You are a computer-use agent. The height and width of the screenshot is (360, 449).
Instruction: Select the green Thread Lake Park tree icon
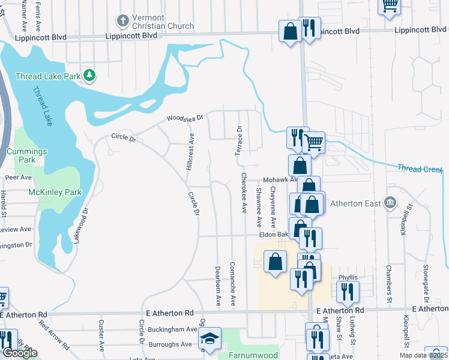pyautogui.click(x=89, y=75)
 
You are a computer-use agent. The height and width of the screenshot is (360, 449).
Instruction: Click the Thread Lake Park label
pyautogui.click(x=48, y=76)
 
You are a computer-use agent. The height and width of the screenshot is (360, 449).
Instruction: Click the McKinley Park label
pyautogui.click(x=55, y=193)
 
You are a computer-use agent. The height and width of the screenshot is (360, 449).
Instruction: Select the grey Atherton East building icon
pyautogui.click(x=391, y=202)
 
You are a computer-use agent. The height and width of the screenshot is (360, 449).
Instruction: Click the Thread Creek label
pyautogui.click(x=420, y=169)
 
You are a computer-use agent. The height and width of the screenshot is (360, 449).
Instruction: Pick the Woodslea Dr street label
pyautogui.click(x=185, y=119)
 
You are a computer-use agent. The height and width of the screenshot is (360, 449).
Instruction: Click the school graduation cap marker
pyautogui.click(x=211, y=338)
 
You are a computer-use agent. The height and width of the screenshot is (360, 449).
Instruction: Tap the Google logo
pyautogui.click(x=20, y=353)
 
